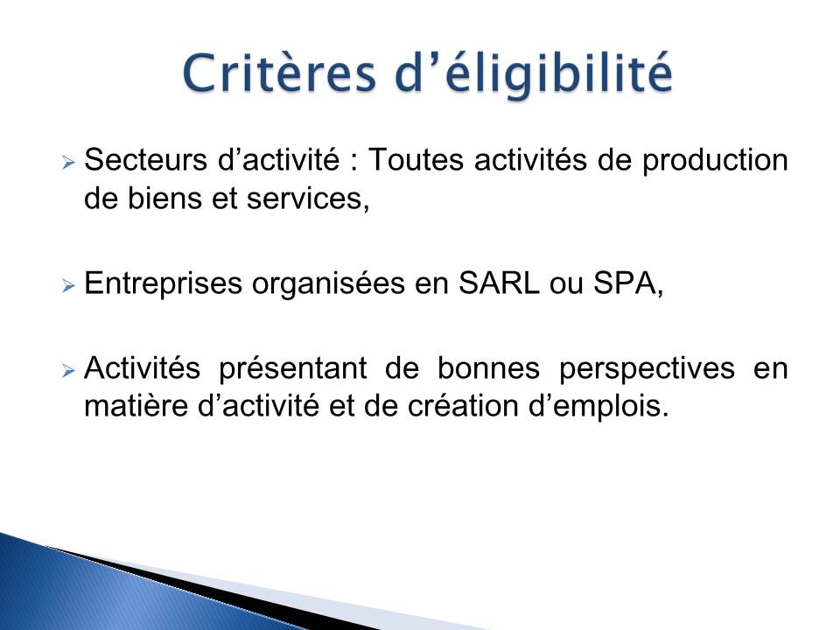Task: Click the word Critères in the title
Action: (279, 73)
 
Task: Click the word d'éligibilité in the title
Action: (533, 74)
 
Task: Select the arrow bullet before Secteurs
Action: (68, 162)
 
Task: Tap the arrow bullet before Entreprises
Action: (68, 285)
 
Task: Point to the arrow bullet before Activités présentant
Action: (68, 370)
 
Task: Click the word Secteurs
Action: (146, 159)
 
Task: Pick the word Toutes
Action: (416, 159)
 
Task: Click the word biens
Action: (164, 199)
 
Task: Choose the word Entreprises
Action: (163, 283)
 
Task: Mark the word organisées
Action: (328, 283)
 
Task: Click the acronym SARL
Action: (498, 283)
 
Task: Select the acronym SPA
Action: (625, 283)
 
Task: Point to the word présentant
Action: (293, 369)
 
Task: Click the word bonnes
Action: (488, 368)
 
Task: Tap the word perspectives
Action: (647, 369)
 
